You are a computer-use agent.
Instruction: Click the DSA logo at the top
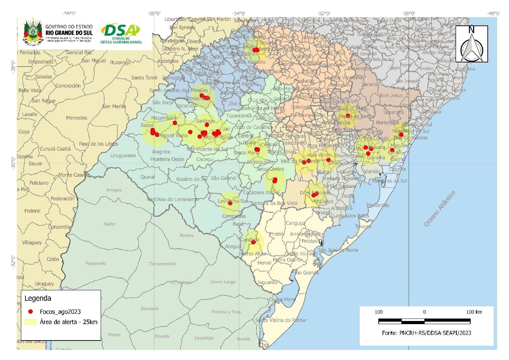pos(121,33)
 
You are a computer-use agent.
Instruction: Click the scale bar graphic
pos(424,321)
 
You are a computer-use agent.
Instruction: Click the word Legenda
pos(38,298)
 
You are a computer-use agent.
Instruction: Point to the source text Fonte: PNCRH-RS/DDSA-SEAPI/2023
pos(426,333)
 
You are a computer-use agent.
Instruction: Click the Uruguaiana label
pos(123,155)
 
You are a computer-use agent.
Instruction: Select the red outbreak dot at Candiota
pos(253,242)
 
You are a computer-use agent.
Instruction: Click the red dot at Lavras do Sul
pos(230,203)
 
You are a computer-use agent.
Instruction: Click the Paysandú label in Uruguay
pos(95,263)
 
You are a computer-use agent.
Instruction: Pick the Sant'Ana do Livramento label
pos(172,199)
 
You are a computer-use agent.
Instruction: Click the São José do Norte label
pos(338,250)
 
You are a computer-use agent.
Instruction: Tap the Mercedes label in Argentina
pos(76,118)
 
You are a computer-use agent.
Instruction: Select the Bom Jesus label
pos(391,95)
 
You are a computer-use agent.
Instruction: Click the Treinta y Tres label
pos(226,312)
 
